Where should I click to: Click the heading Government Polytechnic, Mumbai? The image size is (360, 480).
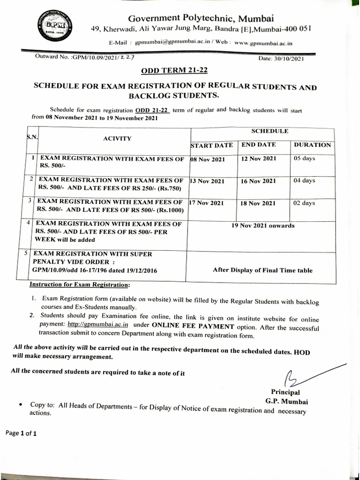click(x=201, y=18)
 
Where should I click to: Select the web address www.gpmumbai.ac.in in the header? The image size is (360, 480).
click(x=263, y=43)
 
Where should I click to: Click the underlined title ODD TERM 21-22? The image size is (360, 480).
click(x=174, y=71)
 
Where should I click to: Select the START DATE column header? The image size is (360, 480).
click(x=211, y=146)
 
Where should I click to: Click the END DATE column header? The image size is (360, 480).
click(x=259, y=145)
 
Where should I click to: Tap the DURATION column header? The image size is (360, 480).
click(x=312, y=145)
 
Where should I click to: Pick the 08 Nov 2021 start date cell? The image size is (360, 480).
click(x=208, y=159)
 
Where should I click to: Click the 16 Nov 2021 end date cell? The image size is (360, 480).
click(x=258, y=181)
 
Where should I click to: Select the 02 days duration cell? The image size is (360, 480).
click(x=304, y=203)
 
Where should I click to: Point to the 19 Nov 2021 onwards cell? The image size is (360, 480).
click(x=263, y=225)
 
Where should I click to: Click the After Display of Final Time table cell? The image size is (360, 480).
click(x=262, y=270)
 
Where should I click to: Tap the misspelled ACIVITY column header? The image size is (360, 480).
click(x=117, y=138)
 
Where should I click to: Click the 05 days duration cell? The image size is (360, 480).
click(x=304, y=158)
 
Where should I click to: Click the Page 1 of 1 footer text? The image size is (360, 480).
click(x=21, y=433)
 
